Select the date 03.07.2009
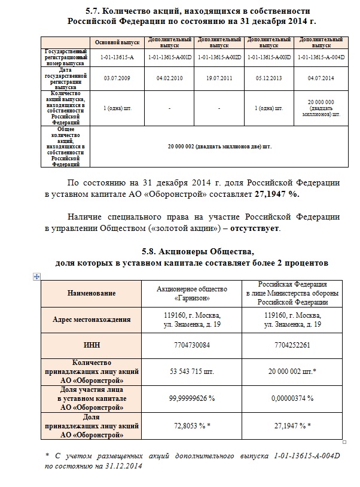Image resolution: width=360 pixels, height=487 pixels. (113, 78)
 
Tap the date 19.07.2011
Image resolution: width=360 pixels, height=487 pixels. (218, 78)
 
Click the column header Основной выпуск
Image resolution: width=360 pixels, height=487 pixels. (114, 43)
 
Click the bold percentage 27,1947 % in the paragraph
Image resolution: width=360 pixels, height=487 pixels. (277, 194)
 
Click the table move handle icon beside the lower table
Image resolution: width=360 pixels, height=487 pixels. (37, 275)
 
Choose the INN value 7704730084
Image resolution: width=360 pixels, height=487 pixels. (188, 345)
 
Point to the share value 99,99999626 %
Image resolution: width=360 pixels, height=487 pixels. (188, 398)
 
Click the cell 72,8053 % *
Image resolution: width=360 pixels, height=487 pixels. (188, 425)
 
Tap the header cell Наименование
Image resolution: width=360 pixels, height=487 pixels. (91, 293)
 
